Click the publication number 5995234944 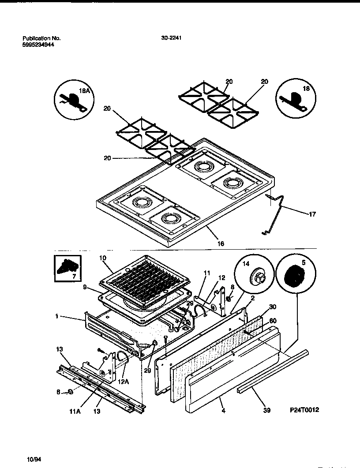(38, 45)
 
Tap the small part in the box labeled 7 (67, 266)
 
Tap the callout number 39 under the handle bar (267, 410)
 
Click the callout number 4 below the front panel (224, 410)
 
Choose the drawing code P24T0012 (304, 410)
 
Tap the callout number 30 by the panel (272, 307)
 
